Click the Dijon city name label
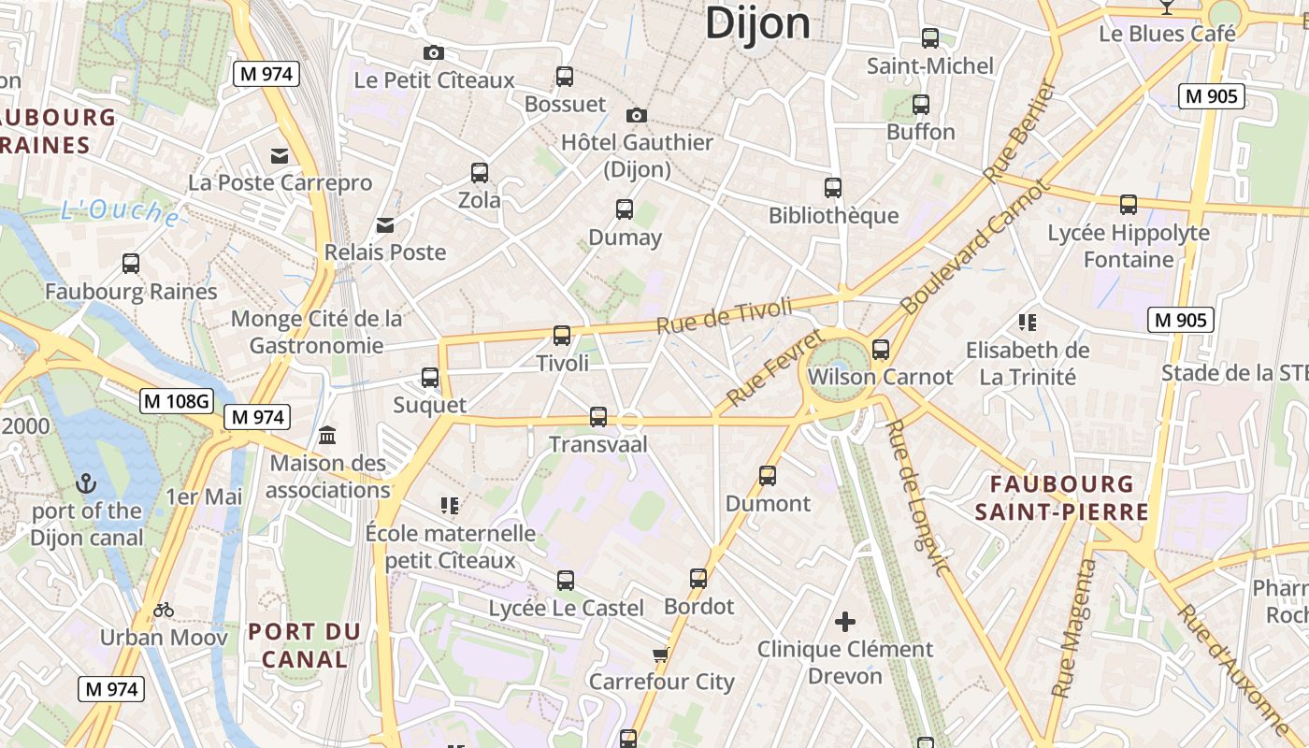(x=757, y=22)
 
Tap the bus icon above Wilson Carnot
(x=880, y=350)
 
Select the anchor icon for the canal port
(x=86, y=483)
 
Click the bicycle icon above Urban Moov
(x=164, y=610)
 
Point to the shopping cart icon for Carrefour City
(x=661, y=654)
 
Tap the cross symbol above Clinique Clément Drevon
(x=845, y=621)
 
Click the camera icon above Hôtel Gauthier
(x=637, y=115)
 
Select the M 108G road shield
(x=177, y=401)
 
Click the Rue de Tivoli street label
(x=725, y=315)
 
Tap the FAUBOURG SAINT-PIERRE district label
(x=1061, y=498)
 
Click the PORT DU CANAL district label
(x=305, y=645)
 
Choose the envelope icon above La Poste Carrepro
(x=280, y=155)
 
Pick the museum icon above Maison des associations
(x=327, y=435)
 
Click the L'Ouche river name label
(x=120, y=212)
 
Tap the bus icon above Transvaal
(x=598, y=416)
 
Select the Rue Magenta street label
(x=1073, y=627)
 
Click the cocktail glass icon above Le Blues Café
(x=1166, y=7)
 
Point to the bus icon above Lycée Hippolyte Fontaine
(x=1129, y=204)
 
